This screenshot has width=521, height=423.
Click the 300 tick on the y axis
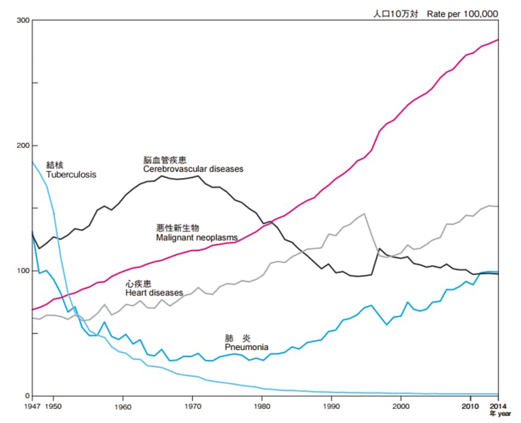pos(23,20)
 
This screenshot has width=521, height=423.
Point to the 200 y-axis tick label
pos(23,146)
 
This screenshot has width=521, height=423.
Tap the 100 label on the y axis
pos(23,271)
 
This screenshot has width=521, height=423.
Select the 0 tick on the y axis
pos(27,396)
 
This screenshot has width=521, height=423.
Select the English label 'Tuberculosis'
pos(71,174)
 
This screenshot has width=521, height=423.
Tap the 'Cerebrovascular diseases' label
pos(193,169)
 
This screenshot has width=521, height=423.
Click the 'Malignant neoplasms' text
pos(196,237)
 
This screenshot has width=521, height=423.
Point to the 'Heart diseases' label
pos(154,292)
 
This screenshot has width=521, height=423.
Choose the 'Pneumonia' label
pos(246,348)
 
